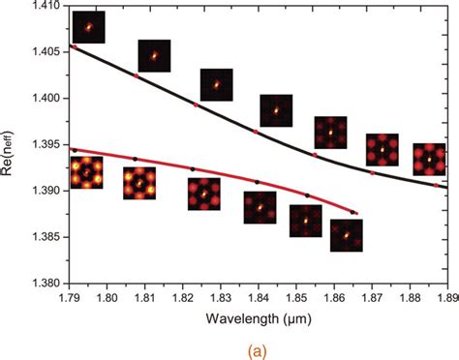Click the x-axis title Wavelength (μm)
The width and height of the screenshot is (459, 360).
(259, 316)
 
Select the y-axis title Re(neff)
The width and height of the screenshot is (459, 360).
(12, 144)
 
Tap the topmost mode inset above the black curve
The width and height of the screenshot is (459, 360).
(88, 27)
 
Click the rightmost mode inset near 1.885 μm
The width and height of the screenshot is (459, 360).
(429, 159)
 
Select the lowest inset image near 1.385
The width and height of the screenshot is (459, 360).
(346, 235)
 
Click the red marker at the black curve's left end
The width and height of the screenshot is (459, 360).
(75, 46)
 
